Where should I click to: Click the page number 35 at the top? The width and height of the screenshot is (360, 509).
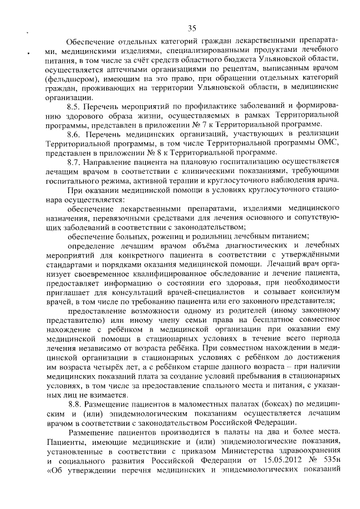tap(192, 28)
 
